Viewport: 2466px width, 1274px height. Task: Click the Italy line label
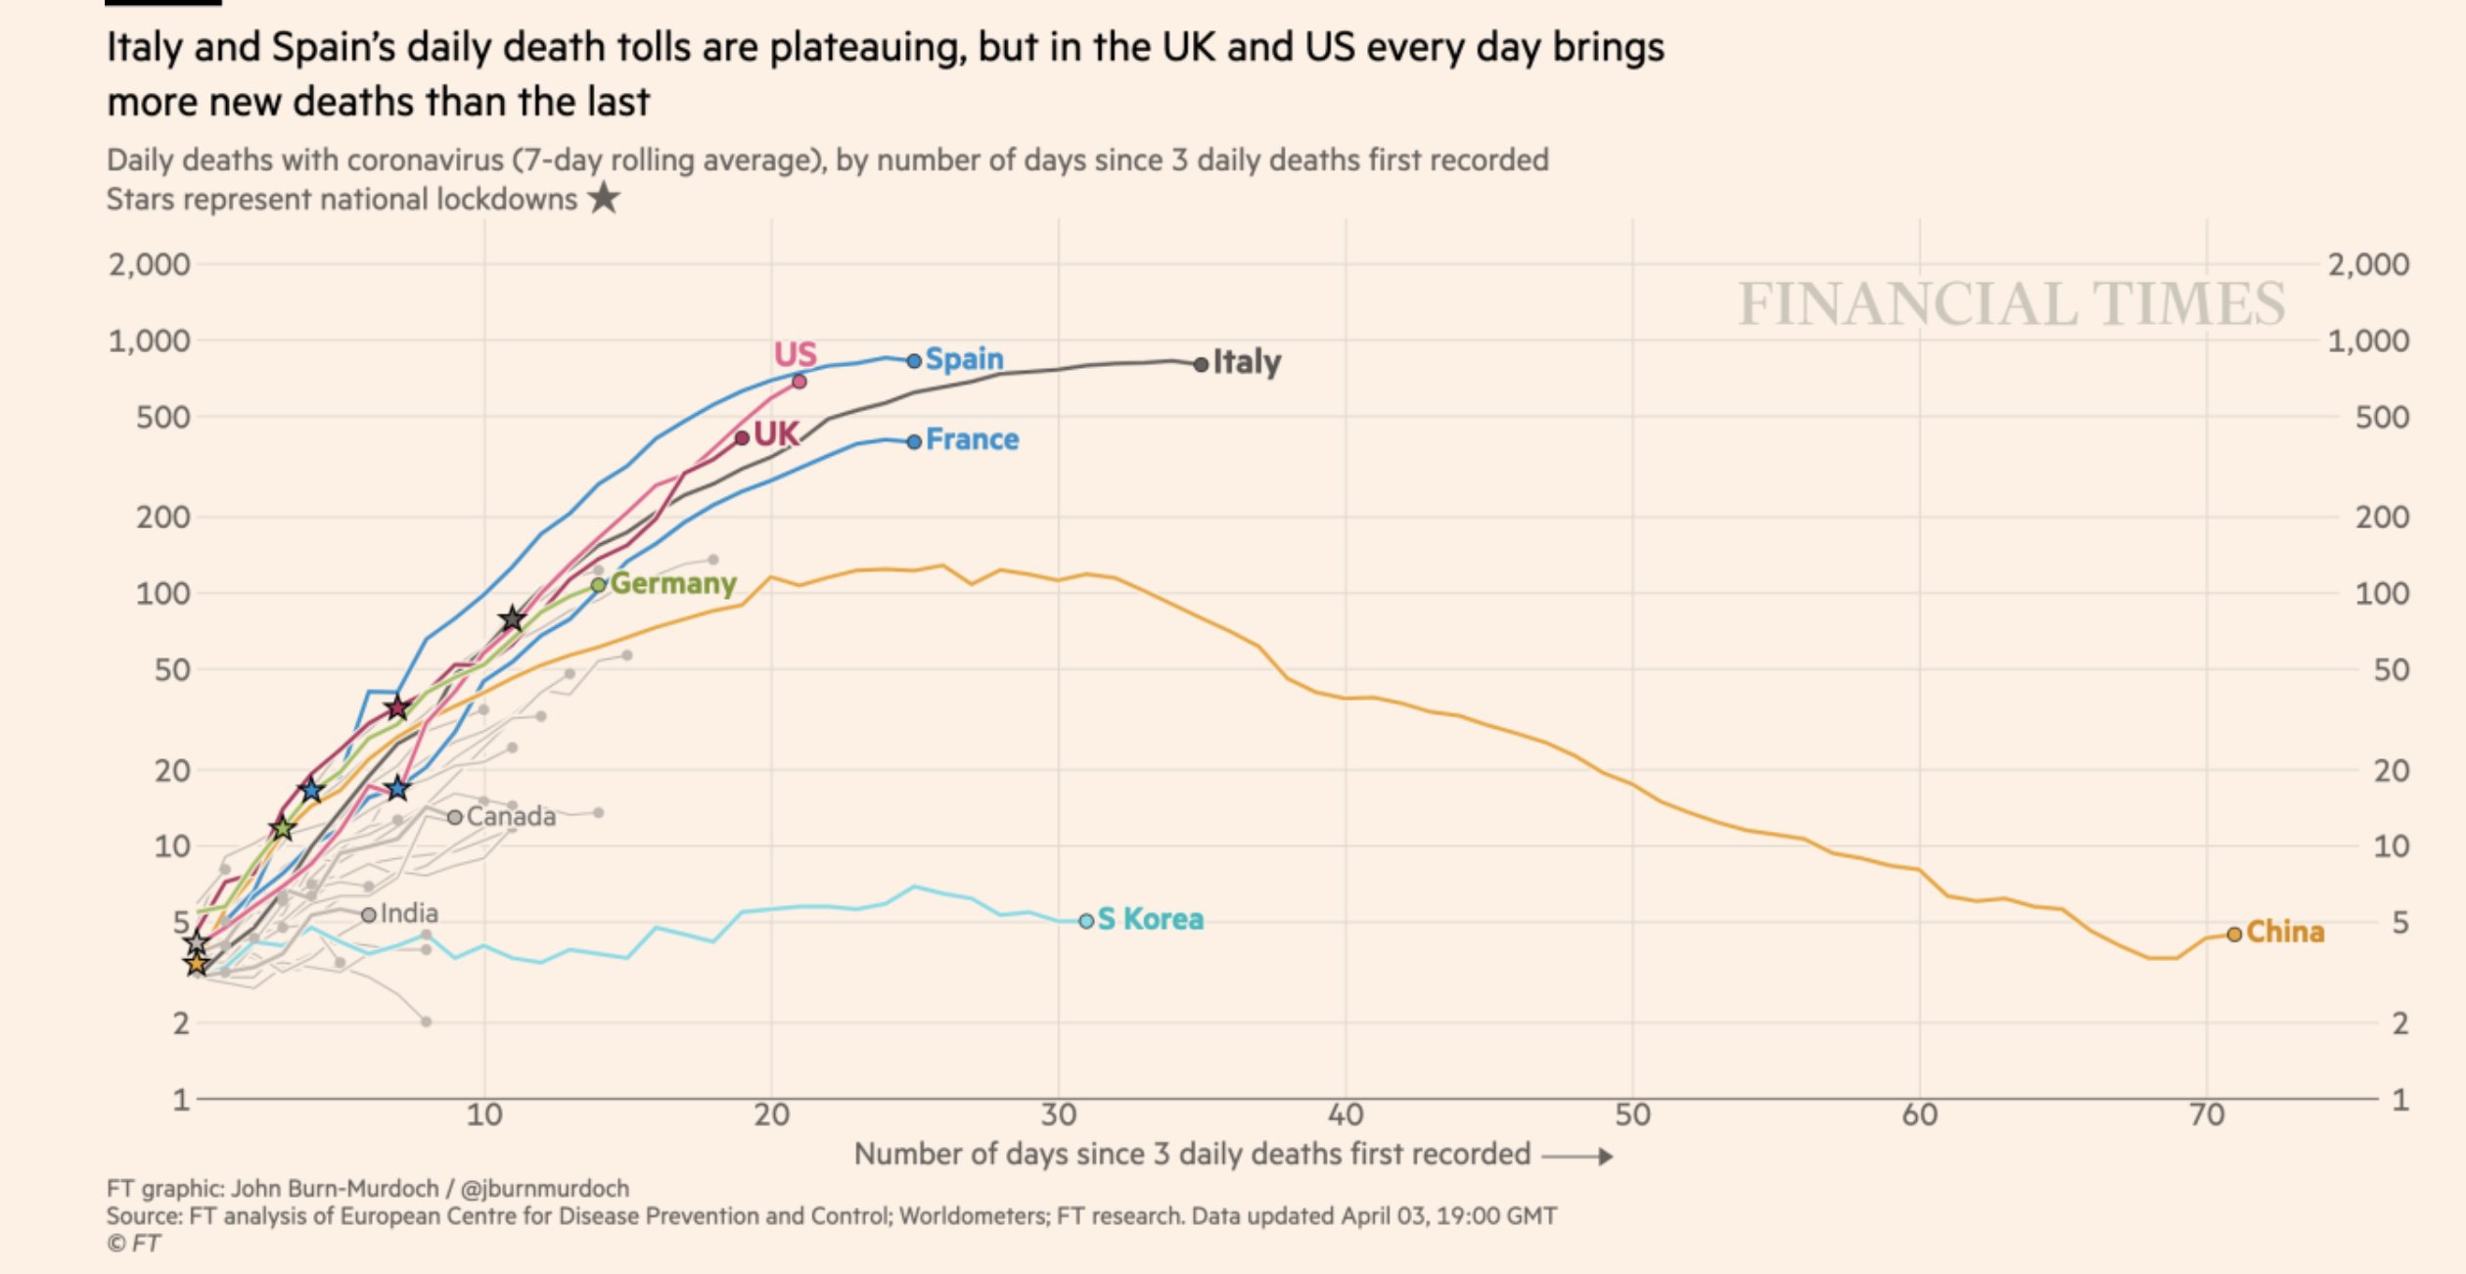click(x=1246, y=362)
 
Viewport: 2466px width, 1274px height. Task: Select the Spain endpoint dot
click(x=914, y=361)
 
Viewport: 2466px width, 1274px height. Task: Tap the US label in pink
click(x=795, y=353)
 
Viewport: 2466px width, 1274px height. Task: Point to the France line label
click(x=972, y=439)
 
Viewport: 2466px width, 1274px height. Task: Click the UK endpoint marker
click(x=742, y=437)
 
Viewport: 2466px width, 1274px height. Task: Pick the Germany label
click(x=673, y=583)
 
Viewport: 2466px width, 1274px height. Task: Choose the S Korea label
click(x=1150, y=919)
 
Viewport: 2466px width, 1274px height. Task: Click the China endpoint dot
click(x=2234, y=934)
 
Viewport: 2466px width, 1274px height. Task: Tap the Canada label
click(x=511, y=816)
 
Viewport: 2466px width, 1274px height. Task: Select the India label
click(x=409, y=913)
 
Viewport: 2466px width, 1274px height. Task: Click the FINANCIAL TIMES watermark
click(x=2011, y=303)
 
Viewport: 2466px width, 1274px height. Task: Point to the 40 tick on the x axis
click(x=1346, y=1115)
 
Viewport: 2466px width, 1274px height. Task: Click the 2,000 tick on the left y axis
click(x=150, y=264)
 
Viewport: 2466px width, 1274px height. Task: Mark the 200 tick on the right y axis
click(x=2382, y=517)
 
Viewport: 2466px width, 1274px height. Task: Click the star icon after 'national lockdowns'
click(x=605, y=198)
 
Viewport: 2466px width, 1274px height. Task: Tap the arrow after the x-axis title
click(x=1576, y=1156)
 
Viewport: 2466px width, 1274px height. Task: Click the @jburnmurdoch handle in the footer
click(x=545, y=1188)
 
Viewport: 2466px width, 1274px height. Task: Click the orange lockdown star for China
click(x=197, y=965)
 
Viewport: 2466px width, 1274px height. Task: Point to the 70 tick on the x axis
click(x=2207, y=1115)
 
